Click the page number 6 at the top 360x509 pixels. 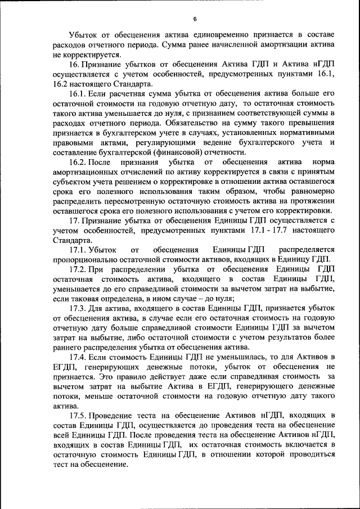point(194,19)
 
